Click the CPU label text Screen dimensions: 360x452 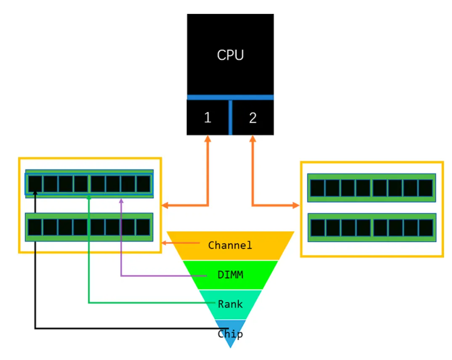(x=230, y=55)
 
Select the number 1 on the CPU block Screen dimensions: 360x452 (x=207, y=118)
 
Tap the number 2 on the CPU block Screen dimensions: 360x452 (x=253, y=118)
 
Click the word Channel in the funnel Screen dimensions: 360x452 (x=230, y=245)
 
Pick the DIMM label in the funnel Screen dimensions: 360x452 (x=230, y=275)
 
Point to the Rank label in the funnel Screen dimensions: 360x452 (x=230, y=303)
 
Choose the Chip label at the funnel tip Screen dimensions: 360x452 (x=230, y=334)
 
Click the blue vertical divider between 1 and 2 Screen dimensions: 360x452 (x=230, y=117)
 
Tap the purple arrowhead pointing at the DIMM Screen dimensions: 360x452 (x=121, y=201)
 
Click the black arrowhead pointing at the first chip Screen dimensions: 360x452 (x=35, y=193)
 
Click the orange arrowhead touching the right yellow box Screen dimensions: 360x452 (x=297, y=206)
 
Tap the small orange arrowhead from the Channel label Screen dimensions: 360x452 (x=164, y=243)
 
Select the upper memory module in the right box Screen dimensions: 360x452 (x=372, y=188)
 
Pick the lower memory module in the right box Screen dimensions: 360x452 (x=372, y=227)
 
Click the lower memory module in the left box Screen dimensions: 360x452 (x=89, y=227)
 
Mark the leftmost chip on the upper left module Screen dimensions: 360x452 (x=35, y=184)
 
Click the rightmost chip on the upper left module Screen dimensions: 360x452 (x=143, y=184)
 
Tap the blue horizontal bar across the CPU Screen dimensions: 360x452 (x=230, y=97)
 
